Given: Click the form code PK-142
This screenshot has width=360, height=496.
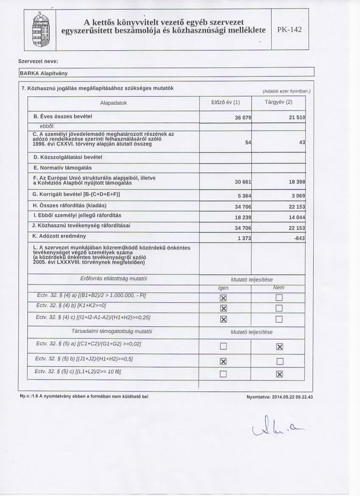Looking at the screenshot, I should tap(290, 31).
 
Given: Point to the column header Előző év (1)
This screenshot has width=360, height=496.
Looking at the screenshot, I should tap(225, 103).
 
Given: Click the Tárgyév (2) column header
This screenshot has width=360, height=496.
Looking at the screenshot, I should tap(278, 103).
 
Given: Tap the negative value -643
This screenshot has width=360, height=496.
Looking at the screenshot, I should tap(298, 238).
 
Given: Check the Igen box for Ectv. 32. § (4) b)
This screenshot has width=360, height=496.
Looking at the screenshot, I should tap(222, 307).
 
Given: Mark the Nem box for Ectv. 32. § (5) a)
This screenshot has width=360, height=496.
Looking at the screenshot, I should tap(279, 347).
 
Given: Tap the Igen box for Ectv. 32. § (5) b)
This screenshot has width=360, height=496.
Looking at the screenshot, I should tap(222, 361).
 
